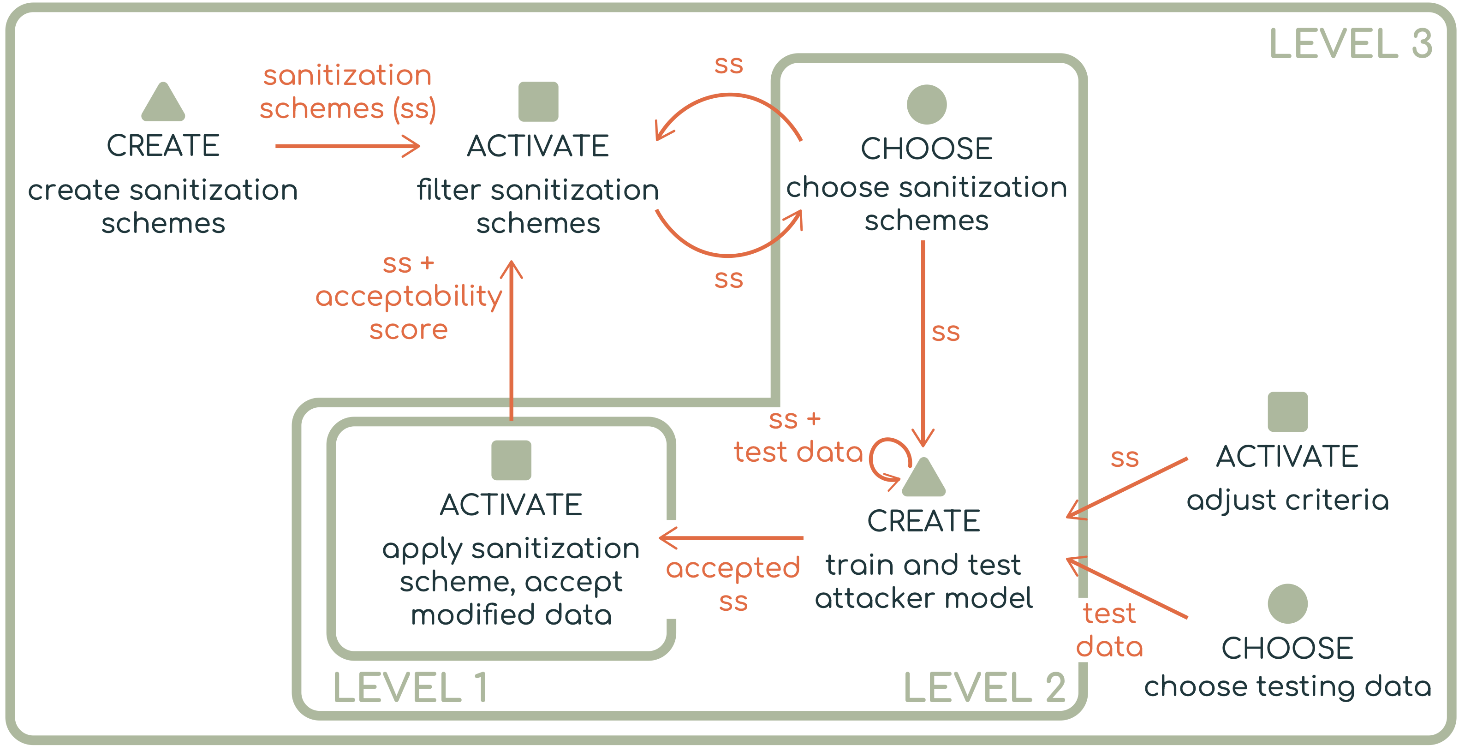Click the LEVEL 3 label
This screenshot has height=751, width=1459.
(1350, 44)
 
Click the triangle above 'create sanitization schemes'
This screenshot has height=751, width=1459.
(163, 101)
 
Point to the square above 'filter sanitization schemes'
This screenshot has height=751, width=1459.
(538, 101)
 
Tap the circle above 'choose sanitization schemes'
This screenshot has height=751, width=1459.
(927, 104)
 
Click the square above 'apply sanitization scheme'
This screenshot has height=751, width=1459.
(512, 460)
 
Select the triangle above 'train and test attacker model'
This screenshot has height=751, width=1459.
(924, 477)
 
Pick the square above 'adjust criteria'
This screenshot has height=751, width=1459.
(1287, 412)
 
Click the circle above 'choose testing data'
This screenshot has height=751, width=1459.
(1287, 604)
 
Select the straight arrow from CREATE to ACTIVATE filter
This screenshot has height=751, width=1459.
(348, 146)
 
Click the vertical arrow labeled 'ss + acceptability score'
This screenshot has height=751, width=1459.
(512, 340)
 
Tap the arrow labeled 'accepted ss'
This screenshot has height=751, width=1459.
(731, 537)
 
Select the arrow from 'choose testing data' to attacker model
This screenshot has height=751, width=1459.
(1127, 588)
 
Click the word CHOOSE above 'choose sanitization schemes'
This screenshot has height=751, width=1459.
(927, 149)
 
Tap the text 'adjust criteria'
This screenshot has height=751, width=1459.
(1287, 500)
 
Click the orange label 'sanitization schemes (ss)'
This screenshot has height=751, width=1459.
(347, 92)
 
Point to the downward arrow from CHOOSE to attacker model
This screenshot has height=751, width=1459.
(923, 344)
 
